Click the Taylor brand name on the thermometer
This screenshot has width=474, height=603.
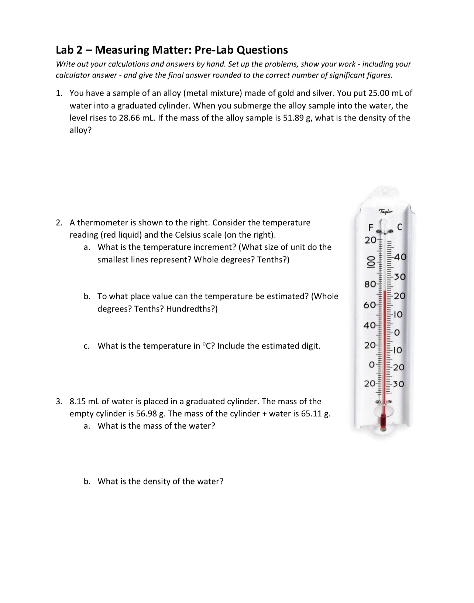point(386,212)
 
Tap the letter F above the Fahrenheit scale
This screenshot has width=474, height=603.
point(367,227)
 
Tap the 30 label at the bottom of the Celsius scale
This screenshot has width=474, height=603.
point(399,384)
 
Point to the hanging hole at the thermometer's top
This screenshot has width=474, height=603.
point(385,192)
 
